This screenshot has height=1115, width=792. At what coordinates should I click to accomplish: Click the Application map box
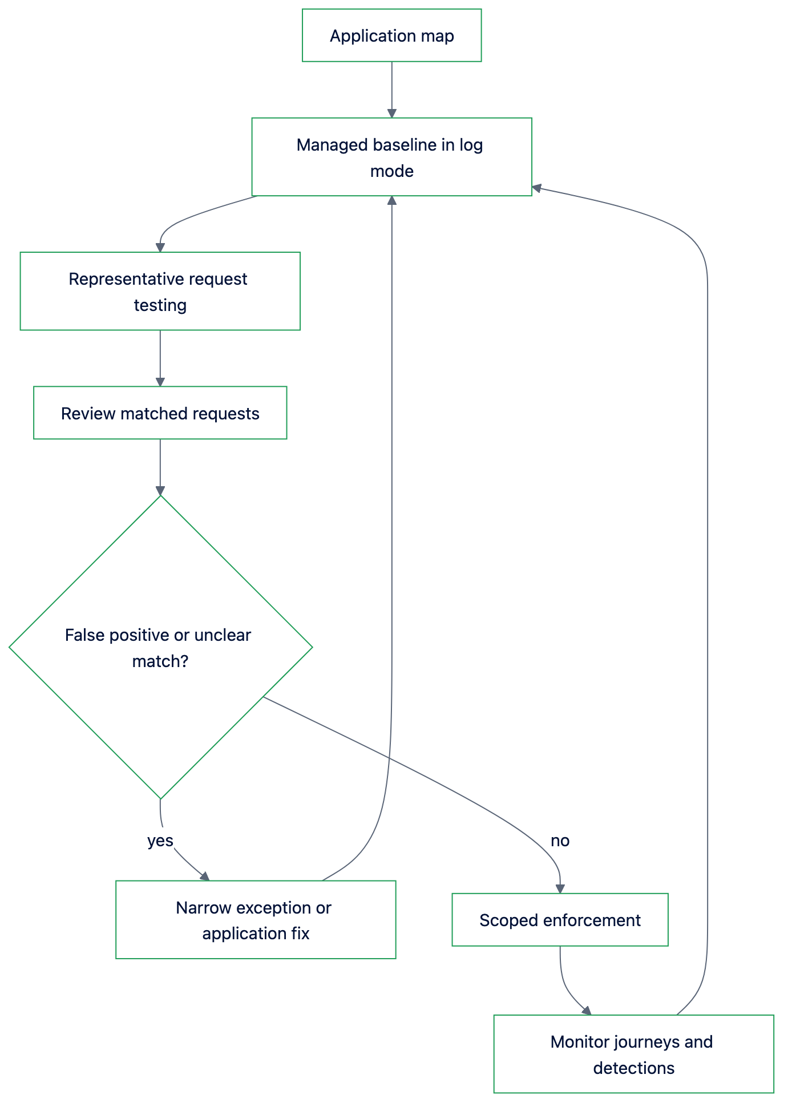(391, 35)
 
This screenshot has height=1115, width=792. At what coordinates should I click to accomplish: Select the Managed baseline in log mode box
(391, 157)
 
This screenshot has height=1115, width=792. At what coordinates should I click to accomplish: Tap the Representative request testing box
(160, 291)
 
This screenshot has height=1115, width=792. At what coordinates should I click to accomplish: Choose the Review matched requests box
(160, 413)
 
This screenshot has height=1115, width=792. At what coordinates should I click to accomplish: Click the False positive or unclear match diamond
(160, 647)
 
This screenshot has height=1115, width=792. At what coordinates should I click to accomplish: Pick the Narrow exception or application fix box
(256, 919)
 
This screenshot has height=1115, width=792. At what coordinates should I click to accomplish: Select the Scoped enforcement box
(560, 919)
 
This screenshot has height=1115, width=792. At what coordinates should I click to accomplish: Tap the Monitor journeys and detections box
(633, 1054)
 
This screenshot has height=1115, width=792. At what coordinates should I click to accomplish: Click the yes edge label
(160, 841)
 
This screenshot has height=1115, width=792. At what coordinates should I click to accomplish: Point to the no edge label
(560, 841)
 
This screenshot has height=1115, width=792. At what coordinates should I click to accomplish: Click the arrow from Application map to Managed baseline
(391, 90)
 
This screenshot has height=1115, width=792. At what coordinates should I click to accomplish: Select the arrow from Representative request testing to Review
(160, 358)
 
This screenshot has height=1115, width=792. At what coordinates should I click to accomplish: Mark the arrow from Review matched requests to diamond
(160, 467)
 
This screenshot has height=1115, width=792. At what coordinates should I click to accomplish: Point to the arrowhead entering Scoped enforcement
(560, 889)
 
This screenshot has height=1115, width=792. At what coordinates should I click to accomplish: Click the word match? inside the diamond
(160, 661)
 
